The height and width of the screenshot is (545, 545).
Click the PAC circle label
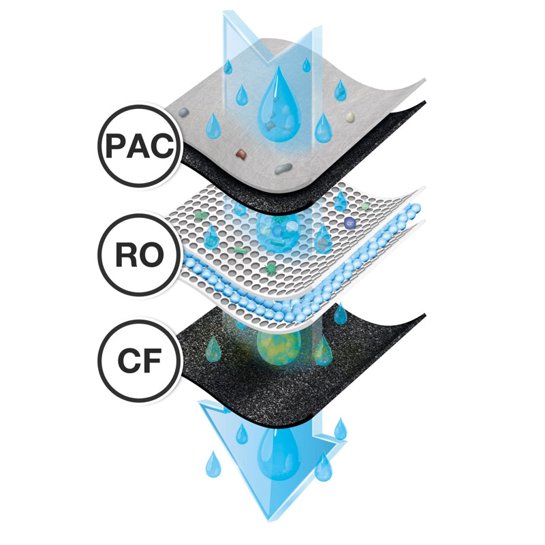140,146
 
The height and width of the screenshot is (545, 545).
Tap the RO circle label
140,255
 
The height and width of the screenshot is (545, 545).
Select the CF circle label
140,361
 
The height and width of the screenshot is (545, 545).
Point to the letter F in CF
151,361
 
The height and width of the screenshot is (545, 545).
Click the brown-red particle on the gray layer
241,154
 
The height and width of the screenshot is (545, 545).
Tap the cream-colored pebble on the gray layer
349,116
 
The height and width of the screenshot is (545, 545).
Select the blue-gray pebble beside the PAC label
183,112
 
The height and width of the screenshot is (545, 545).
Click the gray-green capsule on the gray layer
283,169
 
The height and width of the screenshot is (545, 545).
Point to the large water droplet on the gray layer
279,105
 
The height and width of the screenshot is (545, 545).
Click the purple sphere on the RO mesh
349,223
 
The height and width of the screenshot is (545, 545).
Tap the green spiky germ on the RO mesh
270,268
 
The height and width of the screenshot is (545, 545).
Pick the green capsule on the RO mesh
240,250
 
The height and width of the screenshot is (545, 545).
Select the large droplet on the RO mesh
278,231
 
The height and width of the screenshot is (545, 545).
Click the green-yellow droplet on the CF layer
279,347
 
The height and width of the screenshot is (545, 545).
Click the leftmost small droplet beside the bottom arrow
213,465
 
